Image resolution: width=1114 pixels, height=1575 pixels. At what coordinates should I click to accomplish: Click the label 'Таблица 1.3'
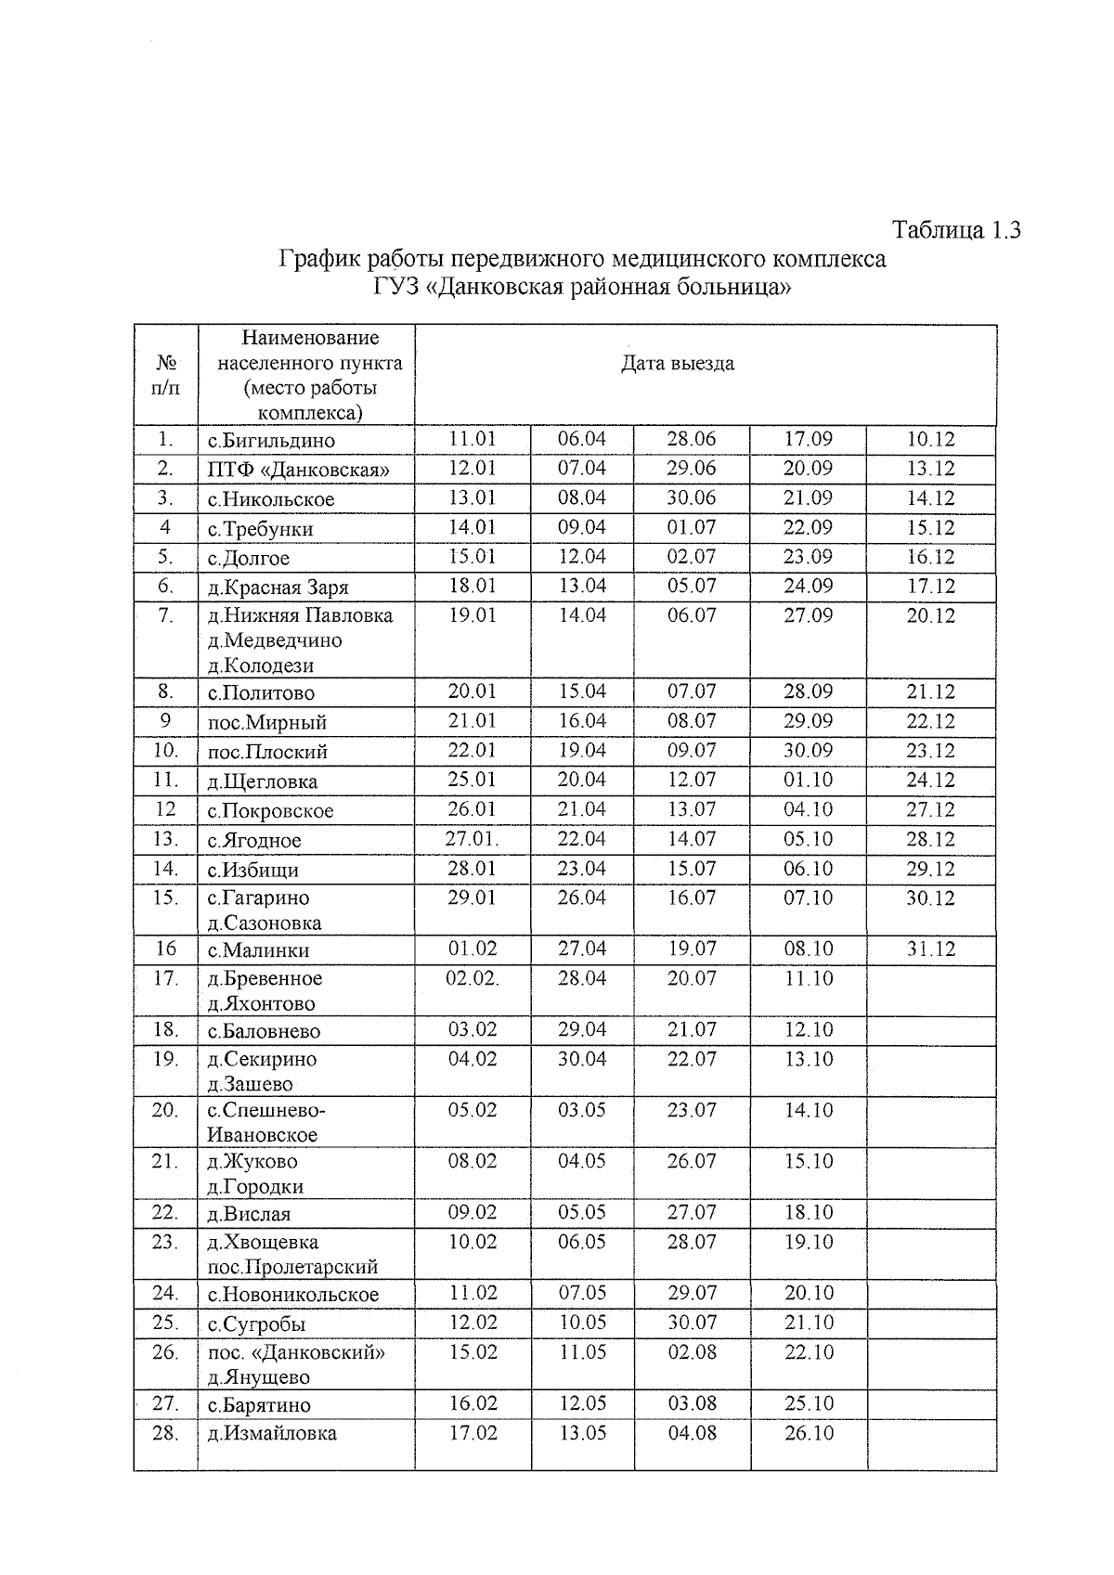click(x=956, y=229)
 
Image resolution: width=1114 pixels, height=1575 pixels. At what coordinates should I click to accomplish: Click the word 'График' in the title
click(x=318, y=259)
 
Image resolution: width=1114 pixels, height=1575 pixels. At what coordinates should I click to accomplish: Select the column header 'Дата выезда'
click(x=678, y=363)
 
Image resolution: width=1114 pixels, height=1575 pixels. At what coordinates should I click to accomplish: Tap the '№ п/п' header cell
click(x=165, y=375)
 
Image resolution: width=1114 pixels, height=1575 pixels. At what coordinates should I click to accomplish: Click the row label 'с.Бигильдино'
click(x=271, y=441)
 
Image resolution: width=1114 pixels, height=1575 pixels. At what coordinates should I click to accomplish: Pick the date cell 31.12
click(x=930, y=949)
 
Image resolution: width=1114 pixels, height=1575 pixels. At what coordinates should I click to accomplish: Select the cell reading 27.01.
click(x=473, y=839)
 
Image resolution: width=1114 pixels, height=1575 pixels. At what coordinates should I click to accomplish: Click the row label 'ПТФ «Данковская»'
click(x=298, y=470)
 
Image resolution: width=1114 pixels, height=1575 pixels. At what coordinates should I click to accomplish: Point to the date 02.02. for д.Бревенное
click(x=473, y=978)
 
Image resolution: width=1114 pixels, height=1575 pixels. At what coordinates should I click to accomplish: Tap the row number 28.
click(x=165, y=1433)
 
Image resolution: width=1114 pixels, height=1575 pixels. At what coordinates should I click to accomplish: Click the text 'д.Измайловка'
click(x=272, y=1433)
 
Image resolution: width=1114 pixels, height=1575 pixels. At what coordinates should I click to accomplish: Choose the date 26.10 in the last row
click(x=809, y=1433)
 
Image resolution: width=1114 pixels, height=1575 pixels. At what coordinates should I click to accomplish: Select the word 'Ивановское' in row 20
click(x=262, y=1135)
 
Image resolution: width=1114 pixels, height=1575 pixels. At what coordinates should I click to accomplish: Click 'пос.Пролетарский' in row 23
click(x=292, y=1267)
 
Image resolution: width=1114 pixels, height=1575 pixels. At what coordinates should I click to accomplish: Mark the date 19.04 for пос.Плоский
click(x=582, y=751)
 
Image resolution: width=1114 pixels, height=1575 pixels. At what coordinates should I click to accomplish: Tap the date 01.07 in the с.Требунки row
click(x=692, y=527)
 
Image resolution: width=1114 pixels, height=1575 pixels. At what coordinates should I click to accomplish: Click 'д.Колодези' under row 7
click(x=261, y=665)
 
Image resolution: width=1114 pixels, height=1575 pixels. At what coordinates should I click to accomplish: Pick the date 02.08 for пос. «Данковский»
click(x=692, y=1352)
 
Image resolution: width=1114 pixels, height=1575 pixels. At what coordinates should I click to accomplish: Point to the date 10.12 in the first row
click(x=930, y=439)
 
